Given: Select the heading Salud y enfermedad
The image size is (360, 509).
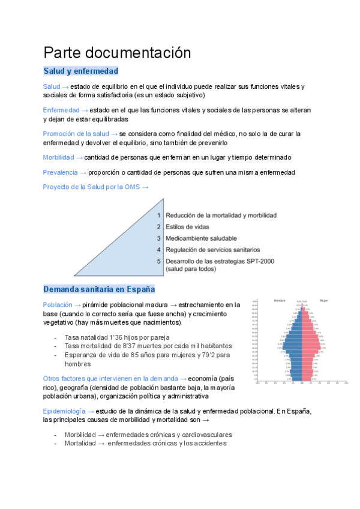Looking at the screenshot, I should click(x=80, y=71).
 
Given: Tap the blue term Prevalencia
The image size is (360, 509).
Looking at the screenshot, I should click(x=60, y=172).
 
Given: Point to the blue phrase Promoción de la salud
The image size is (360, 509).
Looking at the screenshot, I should click(x=76, y=133).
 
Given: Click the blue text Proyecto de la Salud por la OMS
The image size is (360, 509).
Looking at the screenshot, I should click(x=91, y=187).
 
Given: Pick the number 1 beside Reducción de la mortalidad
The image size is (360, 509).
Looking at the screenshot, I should click(x=159, y=215).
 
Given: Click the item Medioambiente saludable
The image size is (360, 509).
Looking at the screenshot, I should click(x=201, y=238).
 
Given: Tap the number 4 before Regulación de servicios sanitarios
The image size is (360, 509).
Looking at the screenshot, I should click(x=159, y=250).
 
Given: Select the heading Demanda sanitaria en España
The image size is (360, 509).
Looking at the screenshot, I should click(x=99, y=289).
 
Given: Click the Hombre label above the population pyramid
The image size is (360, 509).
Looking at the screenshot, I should click(x=280, y=300).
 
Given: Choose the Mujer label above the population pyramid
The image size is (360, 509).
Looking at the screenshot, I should click(x=324, y=300).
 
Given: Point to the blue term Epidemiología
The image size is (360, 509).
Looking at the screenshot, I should click(x=65, y=411).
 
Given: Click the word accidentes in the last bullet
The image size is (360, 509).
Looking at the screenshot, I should click(x=208, y=444).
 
